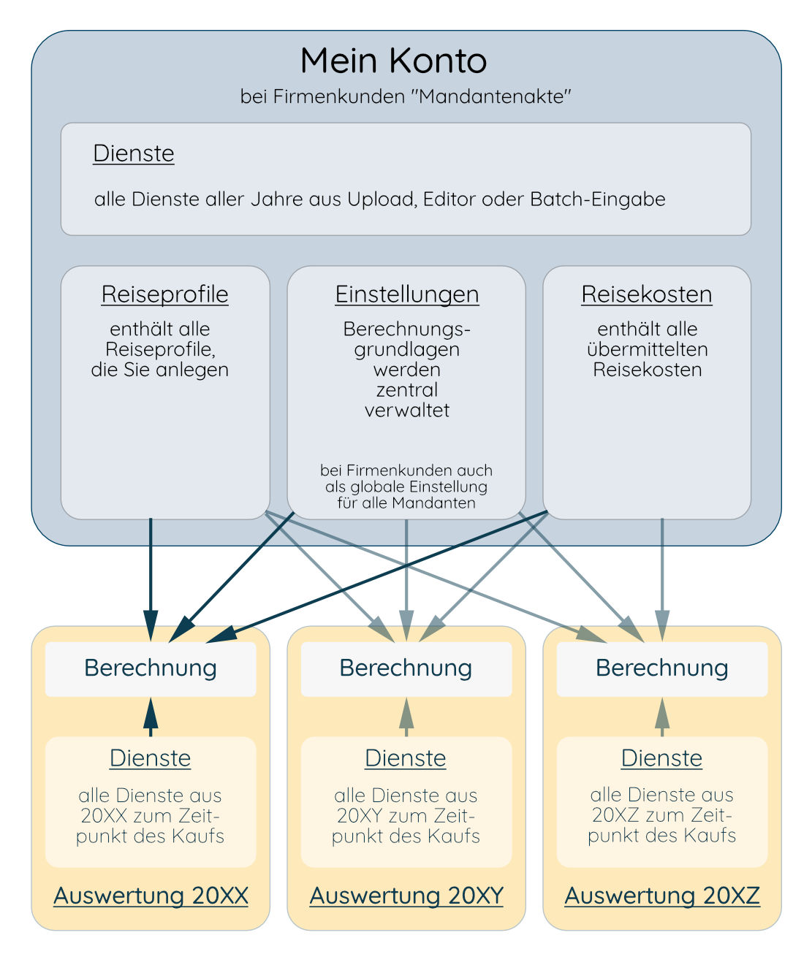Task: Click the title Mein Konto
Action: pyautogui.click(x=393, y=61)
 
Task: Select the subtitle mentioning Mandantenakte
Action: pyautogui.click(x=406, y=96)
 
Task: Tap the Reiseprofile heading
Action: pyautogui.click(x=164, y=294)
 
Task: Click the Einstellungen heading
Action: pyautogui.click(x=406, y=294)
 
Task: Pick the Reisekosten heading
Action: pyautogui.click(x=647, y=294)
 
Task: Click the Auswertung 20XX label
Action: pyautogui.click(x=151, y=896)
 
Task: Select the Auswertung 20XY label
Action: pyautogui.click(x=406, y=896)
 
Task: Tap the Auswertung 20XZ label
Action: pyautogui.click(x=662, y=896)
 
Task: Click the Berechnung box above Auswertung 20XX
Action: pyautogui.click(x=151, y=668)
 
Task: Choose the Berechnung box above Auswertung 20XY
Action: pyautogui.click(x=406, y=668)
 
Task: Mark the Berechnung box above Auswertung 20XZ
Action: pyautogui.click(x=662, y=668)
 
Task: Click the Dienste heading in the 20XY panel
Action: pyautogui.click(x=406, y=758)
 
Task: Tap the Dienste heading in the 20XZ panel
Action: pyautogui.click(x=661, y=758)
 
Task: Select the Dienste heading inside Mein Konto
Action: pyautogui.click(x=134, y=153)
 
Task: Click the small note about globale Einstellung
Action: pyautogui.click(x=406, y=487)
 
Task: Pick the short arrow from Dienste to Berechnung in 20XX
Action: pyautogui.click(x=151, y=717)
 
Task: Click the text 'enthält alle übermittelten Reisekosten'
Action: pyautogui.click(x=647, y=349)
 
